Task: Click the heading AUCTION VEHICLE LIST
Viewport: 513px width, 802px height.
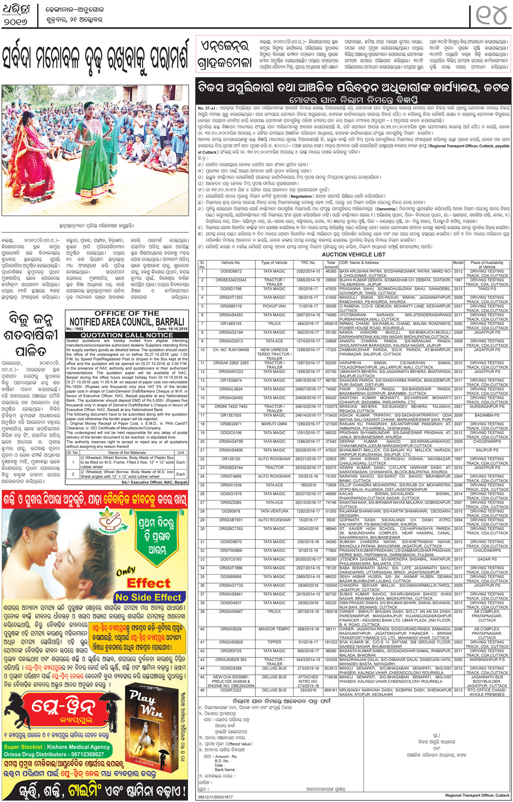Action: pos(353,254)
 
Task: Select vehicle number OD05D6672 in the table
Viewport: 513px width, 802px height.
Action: pos(231,271)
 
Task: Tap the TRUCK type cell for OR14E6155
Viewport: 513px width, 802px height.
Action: pos(274,324)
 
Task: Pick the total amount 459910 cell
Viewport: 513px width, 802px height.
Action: pos(330,324)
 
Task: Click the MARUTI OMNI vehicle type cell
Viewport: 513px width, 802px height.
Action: pos(274,424)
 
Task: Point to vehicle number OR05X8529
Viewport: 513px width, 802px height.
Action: pos(231,629)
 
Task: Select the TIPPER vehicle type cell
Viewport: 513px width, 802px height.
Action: pos(274,642)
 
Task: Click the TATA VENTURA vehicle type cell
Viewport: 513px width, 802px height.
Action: pos(274,511)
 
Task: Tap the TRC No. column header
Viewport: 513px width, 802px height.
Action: pos(308,263)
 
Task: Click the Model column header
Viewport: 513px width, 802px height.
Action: pos(458,263)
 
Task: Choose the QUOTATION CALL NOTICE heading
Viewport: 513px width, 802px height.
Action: pos(127,335)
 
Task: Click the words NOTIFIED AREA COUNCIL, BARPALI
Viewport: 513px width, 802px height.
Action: pos(127,322)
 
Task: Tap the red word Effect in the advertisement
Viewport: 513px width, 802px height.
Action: pos(148,583)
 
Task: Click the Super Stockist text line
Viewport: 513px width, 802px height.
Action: pos(57,747)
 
